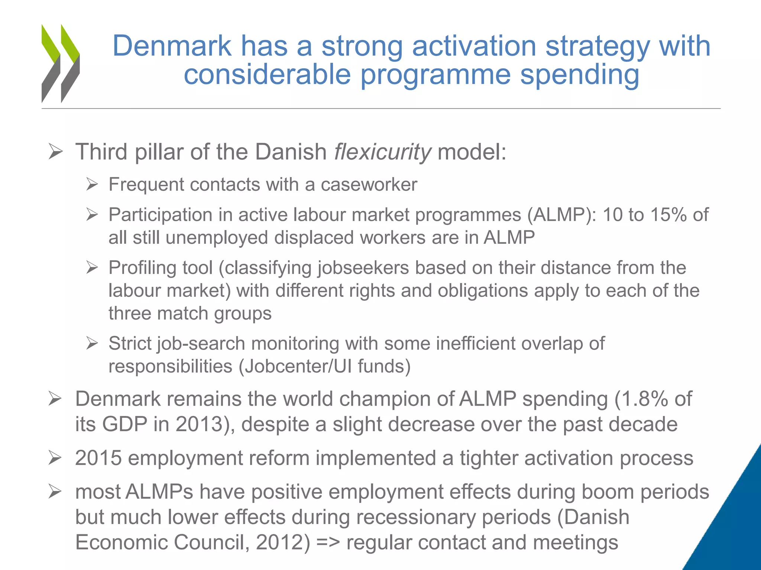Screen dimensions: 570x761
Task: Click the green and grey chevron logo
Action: tap(61, 63)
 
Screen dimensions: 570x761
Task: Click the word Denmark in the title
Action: tap(172, 46)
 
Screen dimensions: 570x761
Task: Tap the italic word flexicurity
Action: tap(382, 152)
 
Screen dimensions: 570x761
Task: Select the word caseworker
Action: tap(369, 184)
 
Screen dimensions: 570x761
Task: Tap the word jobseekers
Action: tap(363, 268)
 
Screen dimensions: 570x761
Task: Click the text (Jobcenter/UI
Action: tap(295, 367)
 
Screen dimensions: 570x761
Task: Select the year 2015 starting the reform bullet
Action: tap(98, 458)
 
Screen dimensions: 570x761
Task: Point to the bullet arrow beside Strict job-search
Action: tap(92, 343)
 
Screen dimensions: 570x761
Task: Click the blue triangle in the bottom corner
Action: tap(734, 527)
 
